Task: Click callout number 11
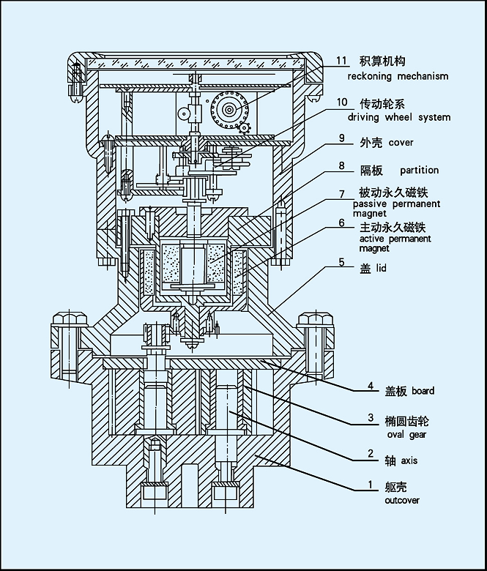click(342, 61)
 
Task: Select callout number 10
click(342, 102)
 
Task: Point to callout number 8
click(342, 166)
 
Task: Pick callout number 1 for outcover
click(371, 485)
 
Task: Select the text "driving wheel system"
click(398, 117)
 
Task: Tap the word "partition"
click(419, 170)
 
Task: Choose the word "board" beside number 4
click(423, 391)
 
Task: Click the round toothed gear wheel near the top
click(229, 110)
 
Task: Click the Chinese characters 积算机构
click(382, 61)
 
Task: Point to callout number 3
click(371, 419)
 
